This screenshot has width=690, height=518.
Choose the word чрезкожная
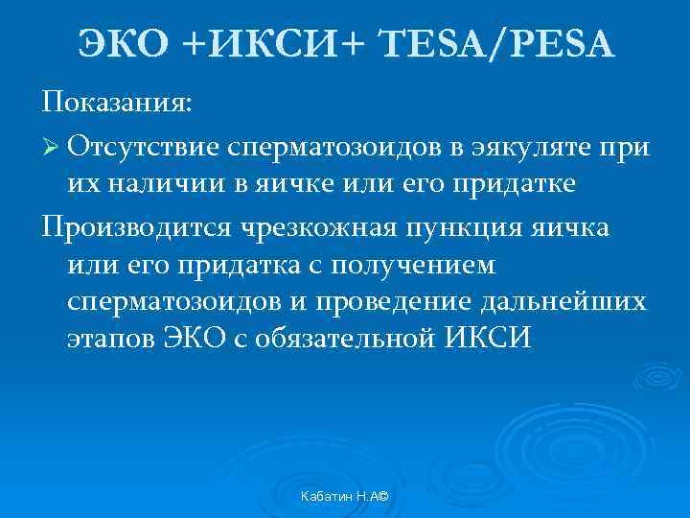[321, 229]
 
